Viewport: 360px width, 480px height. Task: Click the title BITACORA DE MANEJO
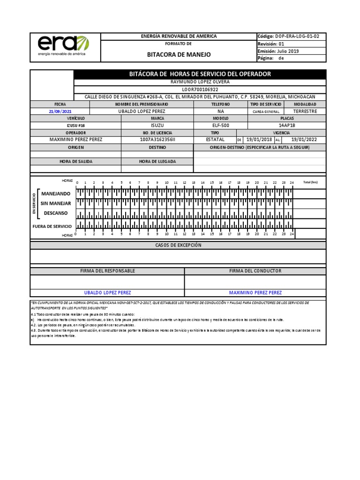point(179,54)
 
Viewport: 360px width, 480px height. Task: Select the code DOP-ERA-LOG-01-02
point(299,36)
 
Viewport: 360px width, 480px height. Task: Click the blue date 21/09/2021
point(60,112)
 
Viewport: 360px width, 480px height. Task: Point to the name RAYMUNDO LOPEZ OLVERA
point(200,82)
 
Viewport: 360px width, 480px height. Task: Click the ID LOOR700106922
point(200,89)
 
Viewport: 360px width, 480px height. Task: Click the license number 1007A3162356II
point(157,139)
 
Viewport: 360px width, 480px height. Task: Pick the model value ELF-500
point(221,126)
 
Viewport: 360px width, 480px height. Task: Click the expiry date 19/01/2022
point(304,139)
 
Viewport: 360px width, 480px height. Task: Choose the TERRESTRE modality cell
point(305,112)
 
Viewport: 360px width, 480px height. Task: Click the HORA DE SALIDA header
point(76,161)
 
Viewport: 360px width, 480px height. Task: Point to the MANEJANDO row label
point(56,194)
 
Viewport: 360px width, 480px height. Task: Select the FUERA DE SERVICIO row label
point(52,226)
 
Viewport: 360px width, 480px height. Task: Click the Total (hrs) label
point(310,182)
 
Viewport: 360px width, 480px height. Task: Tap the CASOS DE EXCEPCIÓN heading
point(178,245)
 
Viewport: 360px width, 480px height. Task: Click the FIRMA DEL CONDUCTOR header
point(255,271)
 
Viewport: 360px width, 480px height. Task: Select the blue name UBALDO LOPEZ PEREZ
point(107,292)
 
